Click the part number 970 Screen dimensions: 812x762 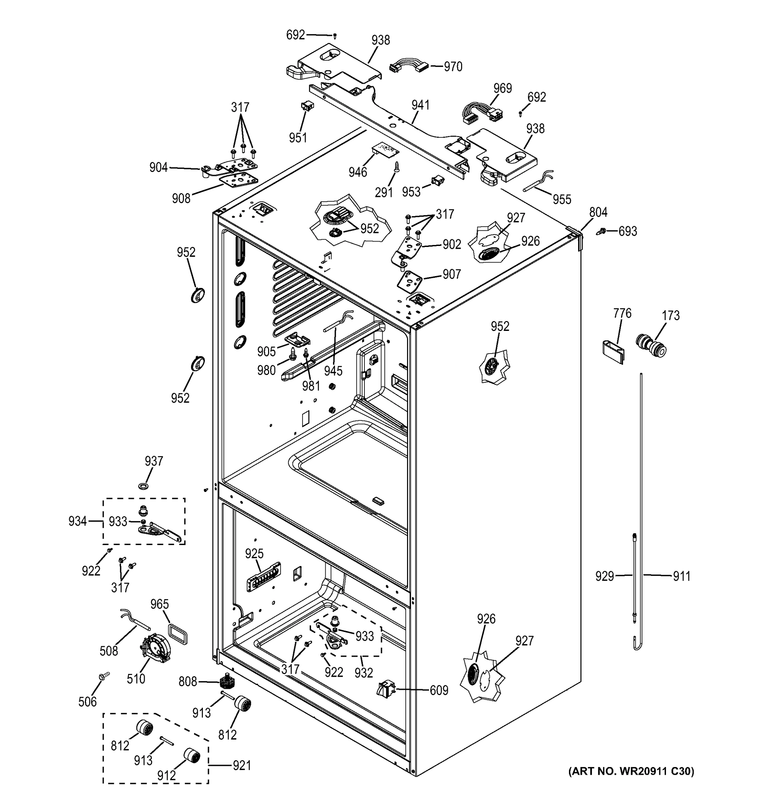point(453,67)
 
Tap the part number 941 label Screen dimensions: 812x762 point(421,105)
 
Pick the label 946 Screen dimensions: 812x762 point(358,172)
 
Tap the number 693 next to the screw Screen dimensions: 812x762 point(628,231)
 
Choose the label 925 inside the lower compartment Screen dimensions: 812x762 point(254,554)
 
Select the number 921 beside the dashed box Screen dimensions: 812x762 point(242,765)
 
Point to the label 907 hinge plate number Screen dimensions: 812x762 point(452,274)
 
